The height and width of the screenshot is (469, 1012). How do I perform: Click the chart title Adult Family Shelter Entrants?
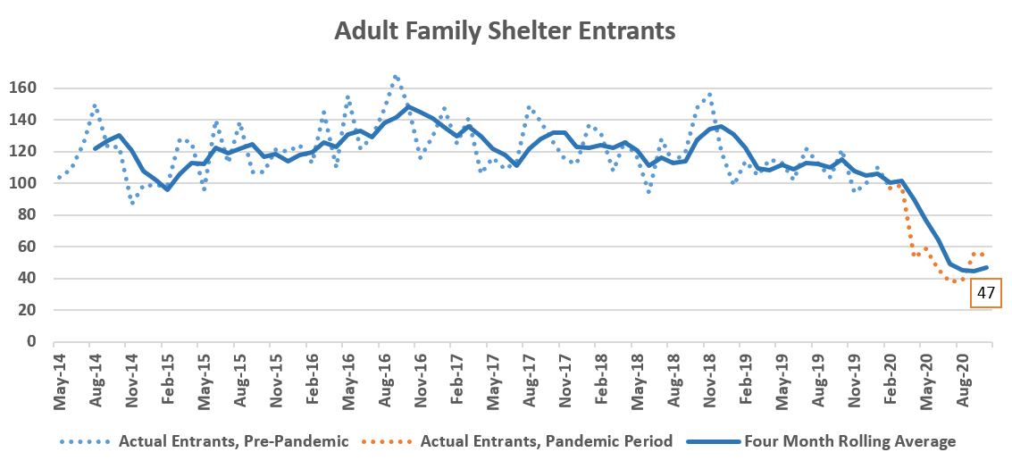click(505, 30)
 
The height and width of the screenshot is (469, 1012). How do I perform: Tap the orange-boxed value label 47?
click(986, 293)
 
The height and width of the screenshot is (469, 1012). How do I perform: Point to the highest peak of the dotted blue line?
click(395, 77)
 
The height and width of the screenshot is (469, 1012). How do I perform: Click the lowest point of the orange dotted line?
click(954, 281)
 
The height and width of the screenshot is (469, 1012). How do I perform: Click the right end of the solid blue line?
click(987, 267)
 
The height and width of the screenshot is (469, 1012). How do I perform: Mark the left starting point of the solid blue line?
click(95, 148)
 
